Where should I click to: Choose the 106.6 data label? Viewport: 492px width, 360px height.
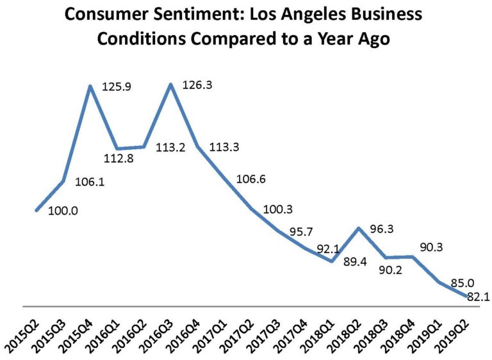pos(252,179)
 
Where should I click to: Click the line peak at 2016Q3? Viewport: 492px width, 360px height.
pos(170,84)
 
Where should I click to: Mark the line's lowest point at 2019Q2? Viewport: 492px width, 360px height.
pos(465,297)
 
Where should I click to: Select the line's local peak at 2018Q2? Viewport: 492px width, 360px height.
pos(359,228)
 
